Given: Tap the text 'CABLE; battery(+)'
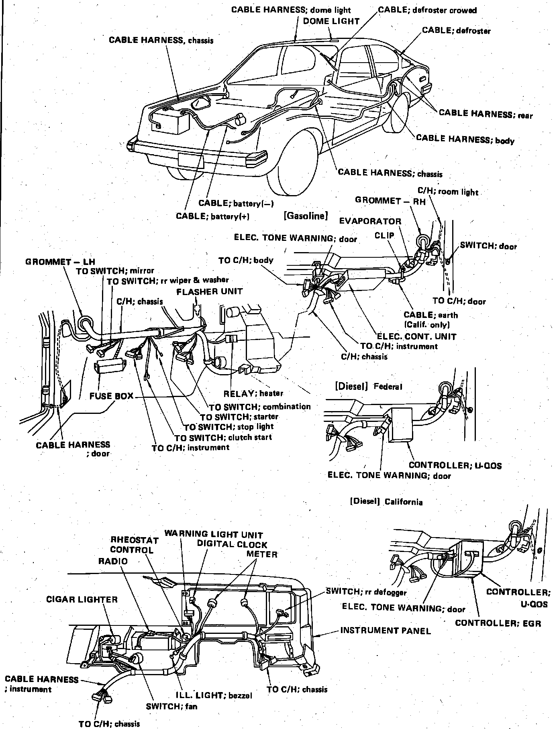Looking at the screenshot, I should (x=213, y=216).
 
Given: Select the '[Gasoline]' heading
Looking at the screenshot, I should (x=306, y=216).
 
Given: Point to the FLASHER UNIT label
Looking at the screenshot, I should (x=210, y=291).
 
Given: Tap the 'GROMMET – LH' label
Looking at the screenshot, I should (x=60, y=262).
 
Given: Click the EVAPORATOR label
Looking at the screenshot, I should (x=370, y=221).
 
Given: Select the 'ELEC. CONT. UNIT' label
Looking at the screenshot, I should (x=416, y=336).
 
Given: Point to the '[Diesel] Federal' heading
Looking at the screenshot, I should (x=368, y=387).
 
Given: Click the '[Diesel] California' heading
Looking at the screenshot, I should (x=386, y=501).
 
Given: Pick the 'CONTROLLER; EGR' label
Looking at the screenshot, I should (x=498, y=623).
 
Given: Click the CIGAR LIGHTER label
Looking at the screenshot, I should (x=82, y=600).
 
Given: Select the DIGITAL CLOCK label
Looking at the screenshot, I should (x=232, y=544).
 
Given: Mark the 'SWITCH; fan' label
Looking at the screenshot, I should (x=171, y=706).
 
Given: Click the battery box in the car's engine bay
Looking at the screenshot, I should (x=170, y=122).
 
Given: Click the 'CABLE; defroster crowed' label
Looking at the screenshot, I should (x=427, y=10).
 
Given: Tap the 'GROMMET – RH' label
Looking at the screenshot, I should (x=390, y=201).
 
